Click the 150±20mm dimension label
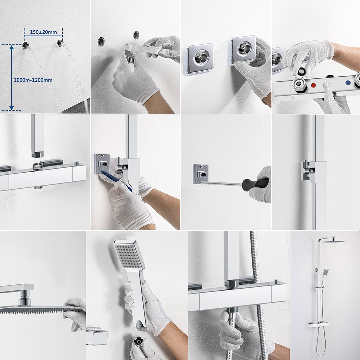43,32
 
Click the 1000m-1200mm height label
33,80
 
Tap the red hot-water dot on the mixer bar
313,85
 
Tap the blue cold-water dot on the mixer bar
348,83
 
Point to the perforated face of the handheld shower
128,257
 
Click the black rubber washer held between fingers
301,71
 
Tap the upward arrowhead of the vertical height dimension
12,47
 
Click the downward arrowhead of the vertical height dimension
12,108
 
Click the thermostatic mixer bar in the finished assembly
319,324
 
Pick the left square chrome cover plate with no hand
200,59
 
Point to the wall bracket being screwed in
200,174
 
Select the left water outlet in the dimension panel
25,45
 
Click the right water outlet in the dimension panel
60,43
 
